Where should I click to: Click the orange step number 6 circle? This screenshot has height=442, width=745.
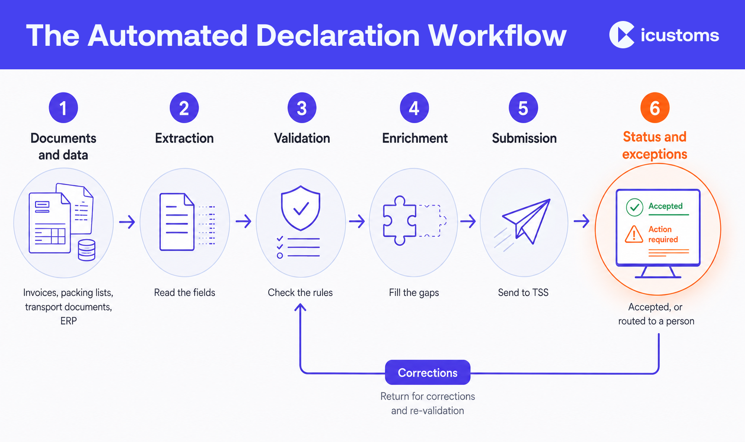click(x=655, y=108)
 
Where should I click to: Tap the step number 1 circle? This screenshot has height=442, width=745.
click(x=63, y=108)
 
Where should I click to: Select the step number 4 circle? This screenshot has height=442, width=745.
click(x=414, y=108)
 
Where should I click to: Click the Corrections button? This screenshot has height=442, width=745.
click(x=428, y=372)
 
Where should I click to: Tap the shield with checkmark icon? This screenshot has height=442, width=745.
click(x=301, y=208)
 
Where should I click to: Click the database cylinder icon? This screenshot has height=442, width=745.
click(x=87, y=250)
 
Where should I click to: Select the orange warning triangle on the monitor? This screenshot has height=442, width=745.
click(x=634, y=234)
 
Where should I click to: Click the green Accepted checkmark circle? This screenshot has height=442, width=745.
click(x=635, y=207)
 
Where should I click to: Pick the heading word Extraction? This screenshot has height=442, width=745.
click(x=184, y=138)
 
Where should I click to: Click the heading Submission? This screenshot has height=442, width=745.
click(x=524, y=138)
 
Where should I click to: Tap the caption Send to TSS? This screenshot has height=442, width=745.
click(x=523, y=292)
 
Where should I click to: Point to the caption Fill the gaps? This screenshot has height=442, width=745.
click(x=414, y=293)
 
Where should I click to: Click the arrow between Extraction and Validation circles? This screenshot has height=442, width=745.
click(x=244, y=221)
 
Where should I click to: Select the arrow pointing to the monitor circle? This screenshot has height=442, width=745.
click(x=582, y=221)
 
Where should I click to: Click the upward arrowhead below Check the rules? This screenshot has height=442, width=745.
click(x=300, y=308)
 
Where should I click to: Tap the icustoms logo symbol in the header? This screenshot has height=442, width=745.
click(x=622, y=35)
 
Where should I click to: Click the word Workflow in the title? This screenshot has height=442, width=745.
click(x=497, y=36)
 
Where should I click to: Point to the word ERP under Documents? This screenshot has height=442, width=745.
click(x=68, y=321)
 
